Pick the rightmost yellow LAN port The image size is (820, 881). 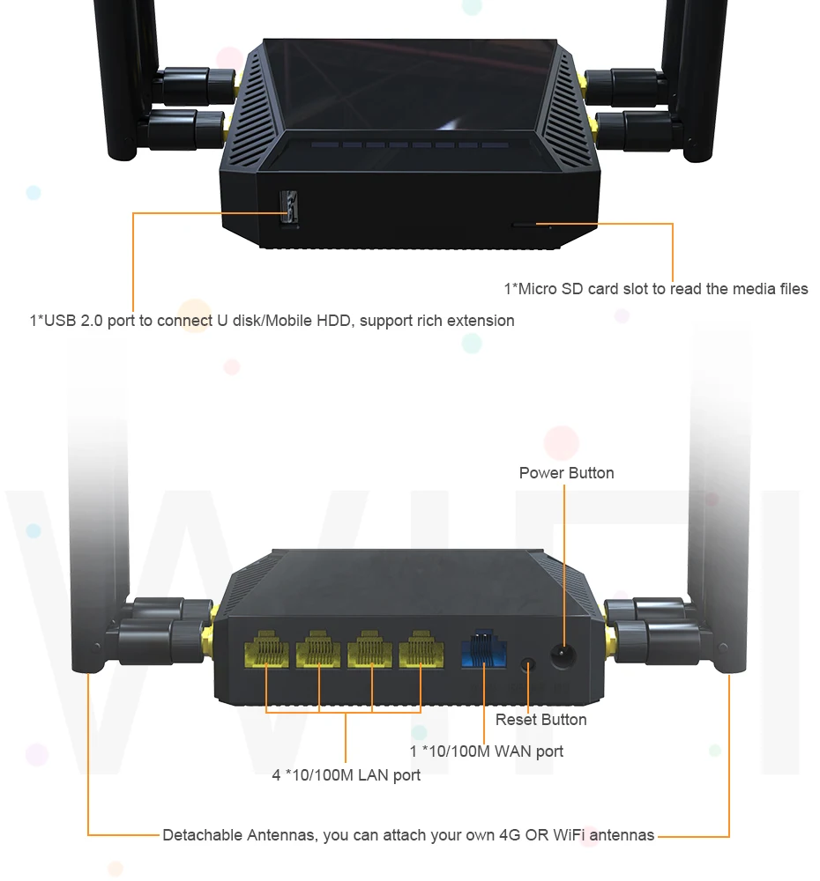pyautogui.click(x=421, y=652)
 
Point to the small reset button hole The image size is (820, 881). pyautogui.click(x=528, y=664)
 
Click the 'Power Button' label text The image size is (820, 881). pyautogui.click(x=566, y=473)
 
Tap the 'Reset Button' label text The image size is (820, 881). pyautogui.click(x=540, y=720)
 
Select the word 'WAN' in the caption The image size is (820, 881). pyautogui.click(x=512, y=751)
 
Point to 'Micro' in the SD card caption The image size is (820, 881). pyautogui.click(x=537, y=288)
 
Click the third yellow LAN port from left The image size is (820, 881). pyautogui.click(x=369, y=653)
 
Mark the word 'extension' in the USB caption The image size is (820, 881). pyautogui.click(x=481, y=321)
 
